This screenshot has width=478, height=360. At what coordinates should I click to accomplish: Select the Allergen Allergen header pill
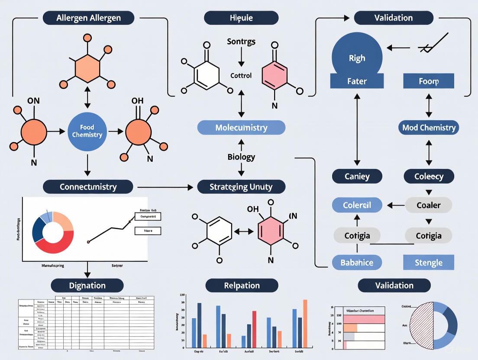point(88,18)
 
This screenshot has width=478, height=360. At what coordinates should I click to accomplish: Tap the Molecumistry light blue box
point(241,128)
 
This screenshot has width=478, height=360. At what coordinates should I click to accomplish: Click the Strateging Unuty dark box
point(241,187)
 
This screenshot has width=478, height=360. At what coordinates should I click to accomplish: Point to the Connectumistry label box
point(88,187)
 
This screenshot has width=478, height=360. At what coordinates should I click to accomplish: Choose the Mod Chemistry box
point(429,128)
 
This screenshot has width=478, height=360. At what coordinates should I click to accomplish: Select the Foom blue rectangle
point(429,81)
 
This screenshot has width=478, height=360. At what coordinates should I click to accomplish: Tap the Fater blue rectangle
point(357,81)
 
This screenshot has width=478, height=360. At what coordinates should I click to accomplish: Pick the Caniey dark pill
point(357,176)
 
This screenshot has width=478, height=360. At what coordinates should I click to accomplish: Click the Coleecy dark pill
point(429,176)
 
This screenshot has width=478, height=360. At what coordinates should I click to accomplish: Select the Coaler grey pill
point(429,205)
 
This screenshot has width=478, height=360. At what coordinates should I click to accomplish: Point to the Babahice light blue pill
point(357,262)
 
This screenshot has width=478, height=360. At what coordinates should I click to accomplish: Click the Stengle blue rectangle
point(429,262)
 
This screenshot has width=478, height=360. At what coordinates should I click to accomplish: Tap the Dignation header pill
point(87,285)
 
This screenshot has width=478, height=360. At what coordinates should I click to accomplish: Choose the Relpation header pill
point(242,285)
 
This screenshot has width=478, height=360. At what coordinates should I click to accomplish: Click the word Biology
point(241,157)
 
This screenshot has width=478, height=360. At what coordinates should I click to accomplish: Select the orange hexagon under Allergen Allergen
point(87,68)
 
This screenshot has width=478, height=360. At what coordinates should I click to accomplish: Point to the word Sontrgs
point(241,42)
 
